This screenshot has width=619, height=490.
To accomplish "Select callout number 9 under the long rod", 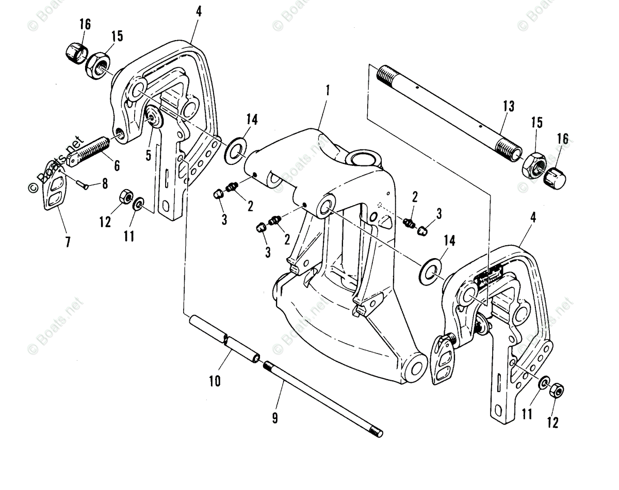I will (274, 418).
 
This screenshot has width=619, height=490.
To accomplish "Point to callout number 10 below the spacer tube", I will (215, 381).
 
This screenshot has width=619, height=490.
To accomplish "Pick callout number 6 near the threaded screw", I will (116, 165).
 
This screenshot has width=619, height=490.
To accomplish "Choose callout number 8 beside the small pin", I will (105, 183).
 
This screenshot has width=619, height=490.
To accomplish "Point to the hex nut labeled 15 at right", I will (534, 165).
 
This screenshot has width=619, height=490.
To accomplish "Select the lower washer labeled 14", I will (431, 272).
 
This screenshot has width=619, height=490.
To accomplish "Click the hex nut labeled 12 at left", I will (125, 197).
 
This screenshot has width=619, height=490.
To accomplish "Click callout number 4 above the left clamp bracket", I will (199, 11).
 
